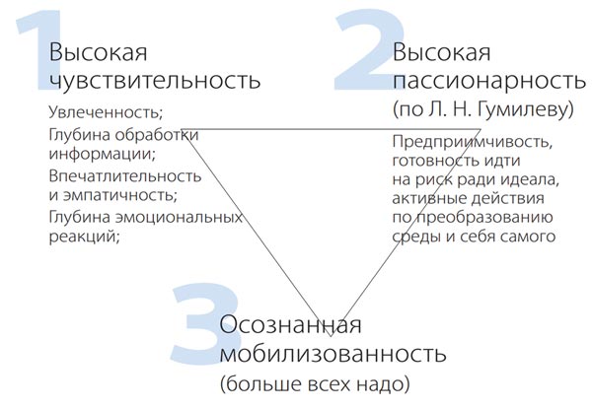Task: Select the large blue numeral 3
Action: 206,324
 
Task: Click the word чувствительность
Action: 155,79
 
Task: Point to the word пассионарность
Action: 489,80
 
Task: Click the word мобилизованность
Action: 333,353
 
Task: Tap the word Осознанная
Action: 290,324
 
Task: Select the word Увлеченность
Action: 106,112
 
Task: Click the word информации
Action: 103,154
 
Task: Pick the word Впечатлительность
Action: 125,176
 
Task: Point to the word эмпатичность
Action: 119,195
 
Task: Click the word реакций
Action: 84,237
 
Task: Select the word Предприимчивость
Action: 472,143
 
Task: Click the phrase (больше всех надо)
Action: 315,384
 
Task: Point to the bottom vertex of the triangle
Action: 331,336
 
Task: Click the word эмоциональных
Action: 179,218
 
